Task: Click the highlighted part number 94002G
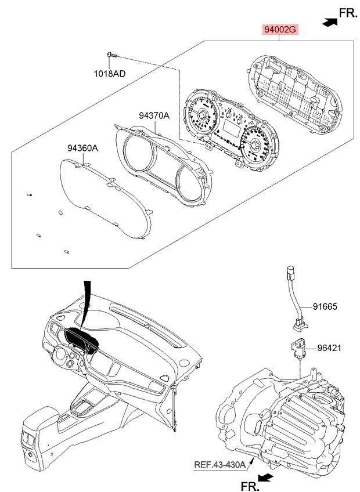[x=279, y=30]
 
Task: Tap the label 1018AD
[x=110, y=74]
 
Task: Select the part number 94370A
[x=154, y=115]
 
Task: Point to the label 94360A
[x=82, y=148]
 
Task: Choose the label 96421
[x=329, y=349]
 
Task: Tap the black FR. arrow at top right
[x=329, y=21]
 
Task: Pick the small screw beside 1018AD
[x=111, y=55]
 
